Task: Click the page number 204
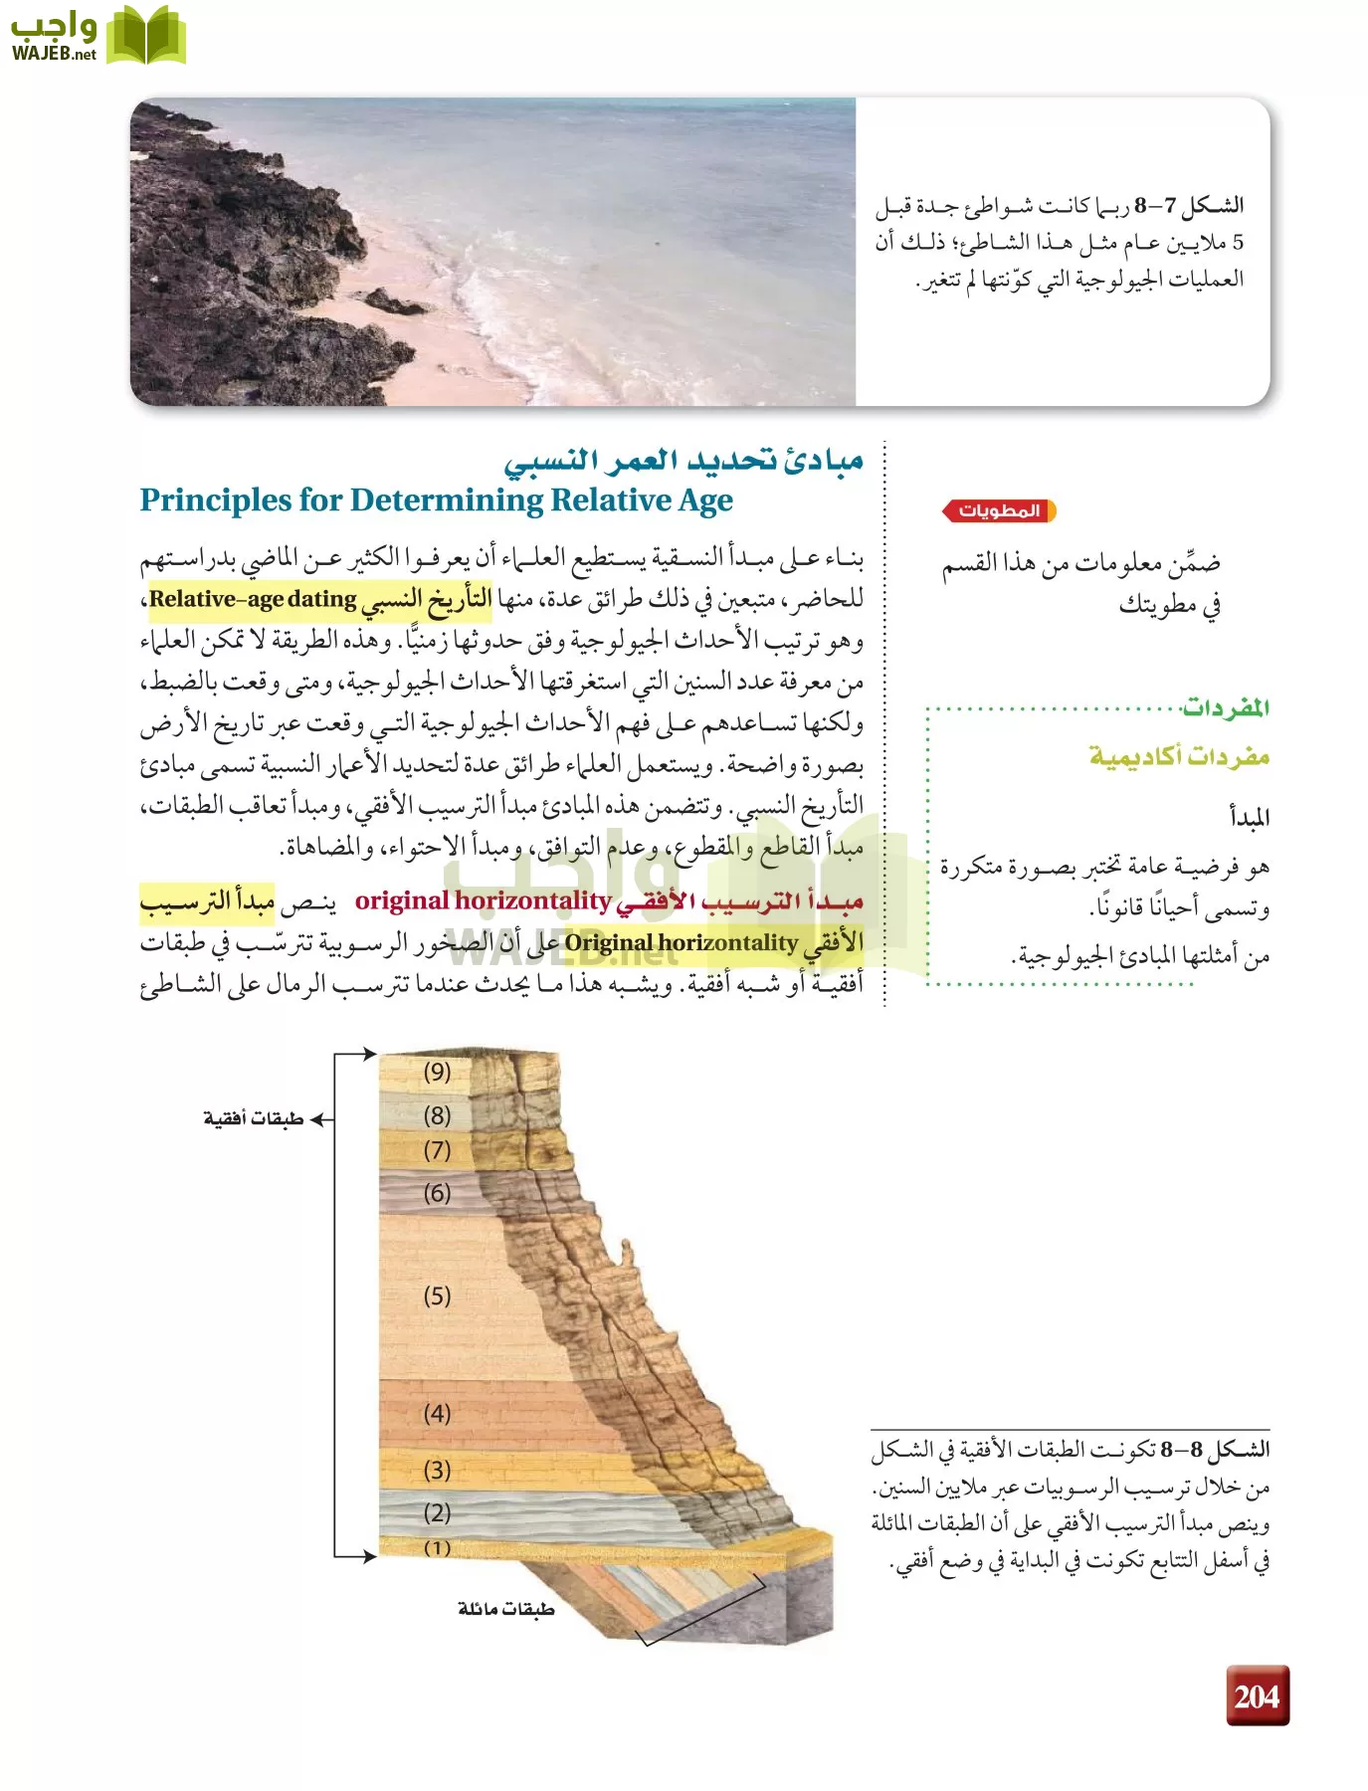(x=1257, y=1695)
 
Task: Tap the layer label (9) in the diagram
(x=437, y=1072)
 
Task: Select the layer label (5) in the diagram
(x=437, y=1295)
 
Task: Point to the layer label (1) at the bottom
(x=437, y=1547)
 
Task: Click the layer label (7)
(x=437, y=1150)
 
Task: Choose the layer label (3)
(x=437, y=1470)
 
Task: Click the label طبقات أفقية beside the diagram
(x=253, y=1119)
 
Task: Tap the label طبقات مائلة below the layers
(x=505, y=1609)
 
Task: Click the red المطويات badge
(x=998, y=510)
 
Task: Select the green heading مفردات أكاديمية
(x=1179, y=756)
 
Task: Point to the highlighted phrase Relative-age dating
(x=253, y=600)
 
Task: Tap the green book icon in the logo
(x=146, y=37)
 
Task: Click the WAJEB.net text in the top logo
(x=54, y=54)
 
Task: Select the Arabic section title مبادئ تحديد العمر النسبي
(x=683, y=461)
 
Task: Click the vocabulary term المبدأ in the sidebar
(x=1249, y=818)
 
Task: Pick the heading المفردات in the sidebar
(x=1225, y=708)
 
